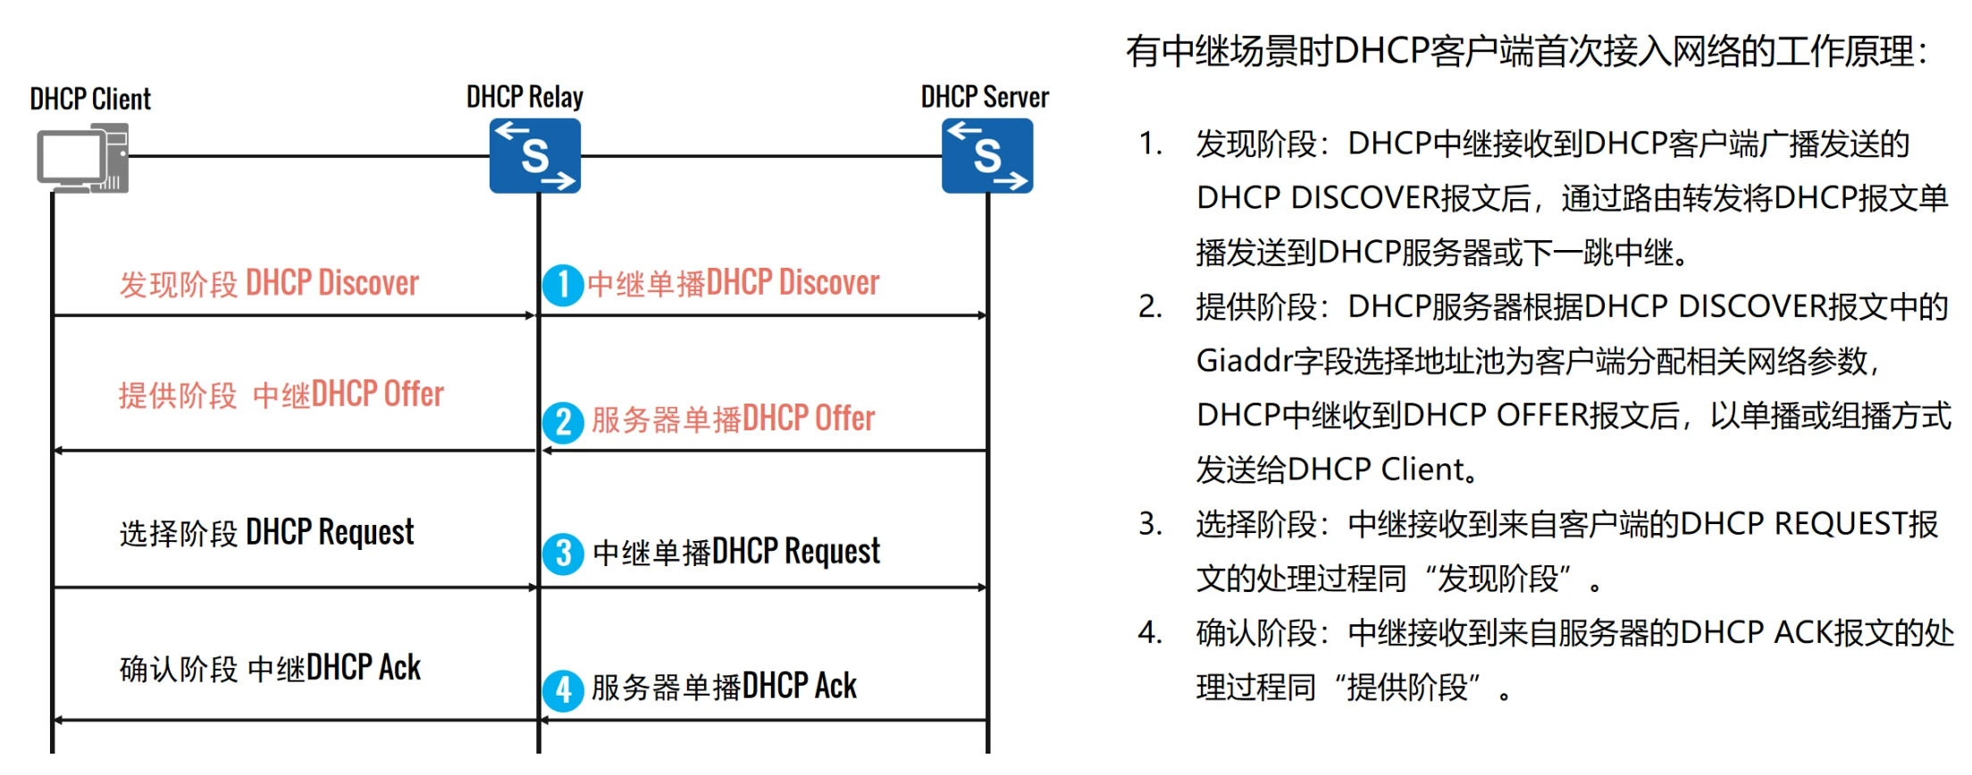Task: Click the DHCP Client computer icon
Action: click(x=82, y=158)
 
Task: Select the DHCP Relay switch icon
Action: click(x=535, y=156)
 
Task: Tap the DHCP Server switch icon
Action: click(x=987, y=156)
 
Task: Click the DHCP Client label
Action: click(x=90, y=98)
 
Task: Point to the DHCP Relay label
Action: click(x=525, y=96)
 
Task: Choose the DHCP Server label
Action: click(x=985, y=96)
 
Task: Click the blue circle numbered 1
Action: click(x=563, y=285)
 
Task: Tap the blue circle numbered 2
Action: click(x=563, y=421)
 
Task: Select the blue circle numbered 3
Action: click(x=563, y=554)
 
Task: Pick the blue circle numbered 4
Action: click(x=563, y=690)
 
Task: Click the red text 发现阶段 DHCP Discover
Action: click(x=269, y=283)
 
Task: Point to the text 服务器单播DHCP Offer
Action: click(x=733, y=419)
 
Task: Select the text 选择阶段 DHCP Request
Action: click(x=267, y=532)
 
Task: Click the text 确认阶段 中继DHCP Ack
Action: click(x=270, y=668)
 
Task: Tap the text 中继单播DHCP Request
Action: click(x=736, y=552)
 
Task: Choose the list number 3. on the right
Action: click(x=1150, y=524)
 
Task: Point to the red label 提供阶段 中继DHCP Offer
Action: click(x=281, y=395)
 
